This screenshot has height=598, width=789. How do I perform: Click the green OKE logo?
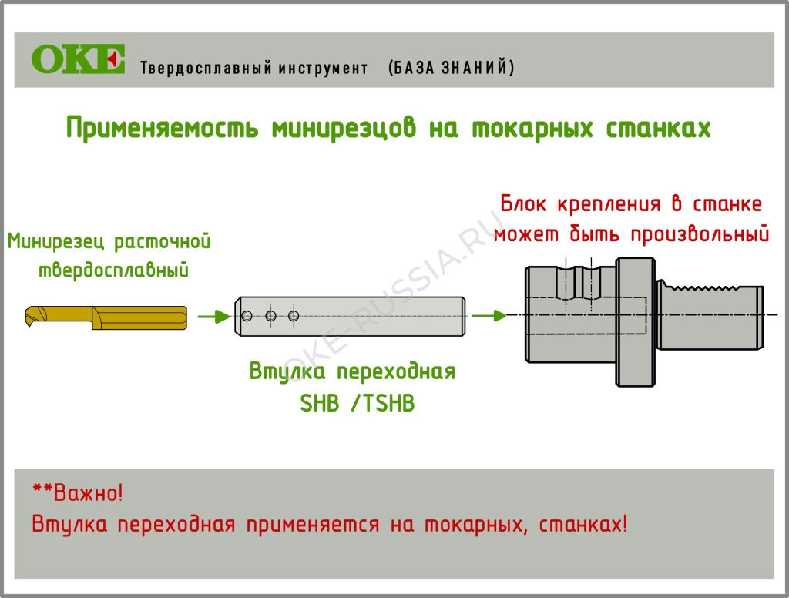pyautogui.click(x=78, y=59)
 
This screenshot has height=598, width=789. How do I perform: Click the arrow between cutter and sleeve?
pyautogui.click(x=213, y=316)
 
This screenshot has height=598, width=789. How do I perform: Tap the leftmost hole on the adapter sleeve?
pyautogui.click(x=247, y=316)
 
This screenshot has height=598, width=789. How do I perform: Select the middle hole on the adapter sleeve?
pyautogui.click(x=270, y=316)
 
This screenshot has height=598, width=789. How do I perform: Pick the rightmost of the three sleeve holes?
pyautogui.click(x=293, y=316)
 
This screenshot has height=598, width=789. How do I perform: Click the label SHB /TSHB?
pyautogui.click(x=357, y=403)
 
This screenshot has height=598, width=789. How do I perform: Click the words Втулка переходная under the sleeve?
pyautogui.click(x=352, y=372)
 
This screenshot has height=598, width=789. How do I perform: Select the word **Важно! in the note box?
pyautogui.click(x=77, y=492)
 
